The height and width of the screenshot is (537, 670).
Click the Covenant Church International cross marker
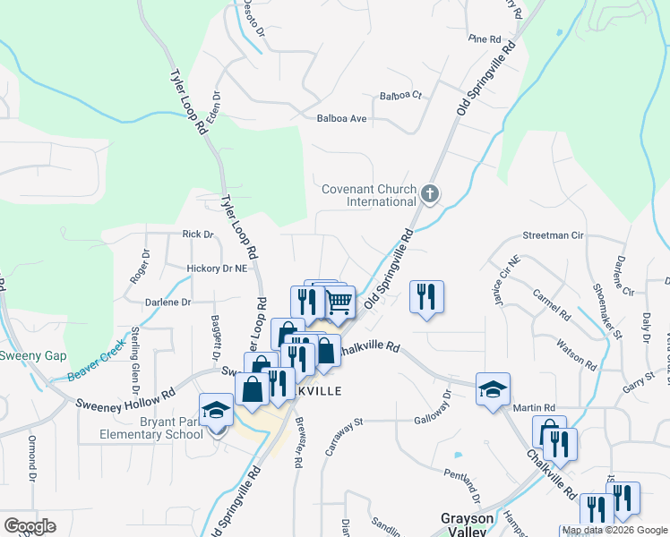pos(430,193)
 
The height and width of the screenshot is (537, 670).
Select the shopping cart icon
pos(339,303)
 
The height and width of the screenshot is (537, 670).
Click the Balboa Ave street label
pos(342,118)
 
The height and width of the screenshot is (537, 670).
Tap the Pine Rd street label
pos(484,39)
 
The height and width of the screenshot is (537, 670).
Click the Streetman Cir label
pos(553,235)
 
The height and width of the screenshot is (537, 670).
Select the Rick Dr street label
pos(198,234)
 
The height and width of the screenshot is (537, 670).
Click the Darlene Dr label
pos(168,303)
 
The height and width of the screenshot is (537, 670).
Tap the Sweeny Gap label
pos(32,355)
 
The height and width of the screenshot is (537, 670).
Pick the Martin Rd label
pos(535,408)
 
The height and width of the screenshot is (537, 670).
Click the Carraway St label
pos(343,436)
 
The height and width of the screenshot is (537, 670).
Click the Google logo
pos(29,526)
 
